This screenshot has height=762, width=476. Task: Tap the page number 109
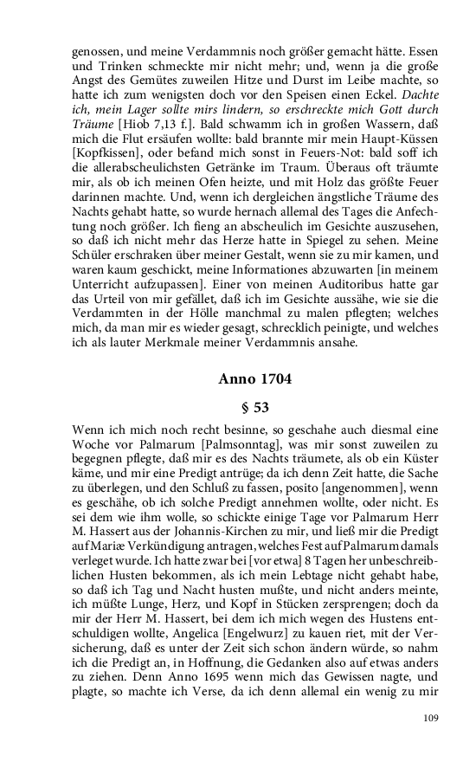[x=432, y=718]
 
